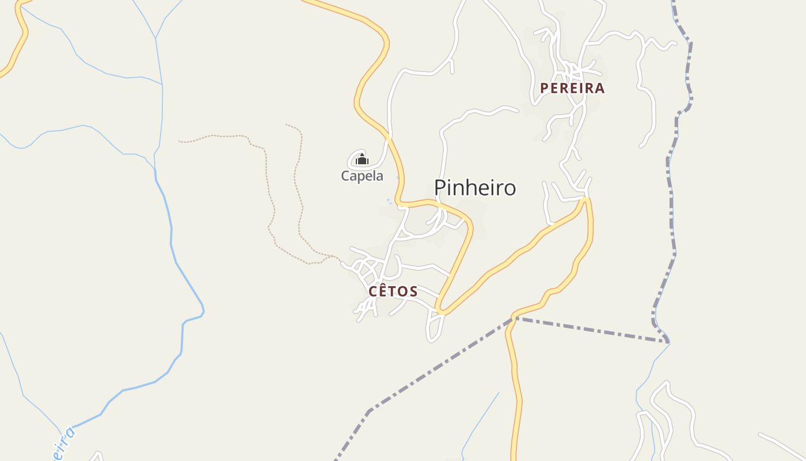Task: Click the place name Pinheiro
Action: [474, 188]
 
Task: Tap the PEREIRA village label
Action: [572, 88]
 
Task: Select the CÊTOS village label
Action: [393, 292]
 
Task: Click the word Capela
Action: [362, 176]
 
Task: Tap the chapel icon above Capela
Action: [362, 159]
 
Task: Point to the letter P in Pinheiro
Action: [440, 188]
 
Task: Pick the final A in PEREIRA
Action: [600, 88]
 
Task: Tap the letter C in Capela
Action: [345, 176]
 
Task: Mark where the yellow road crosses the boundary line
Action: [512, 318]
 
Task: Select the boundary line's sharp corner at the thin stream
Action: [668, 342]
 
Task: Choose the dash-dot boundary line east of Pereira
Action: [670, 173]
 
